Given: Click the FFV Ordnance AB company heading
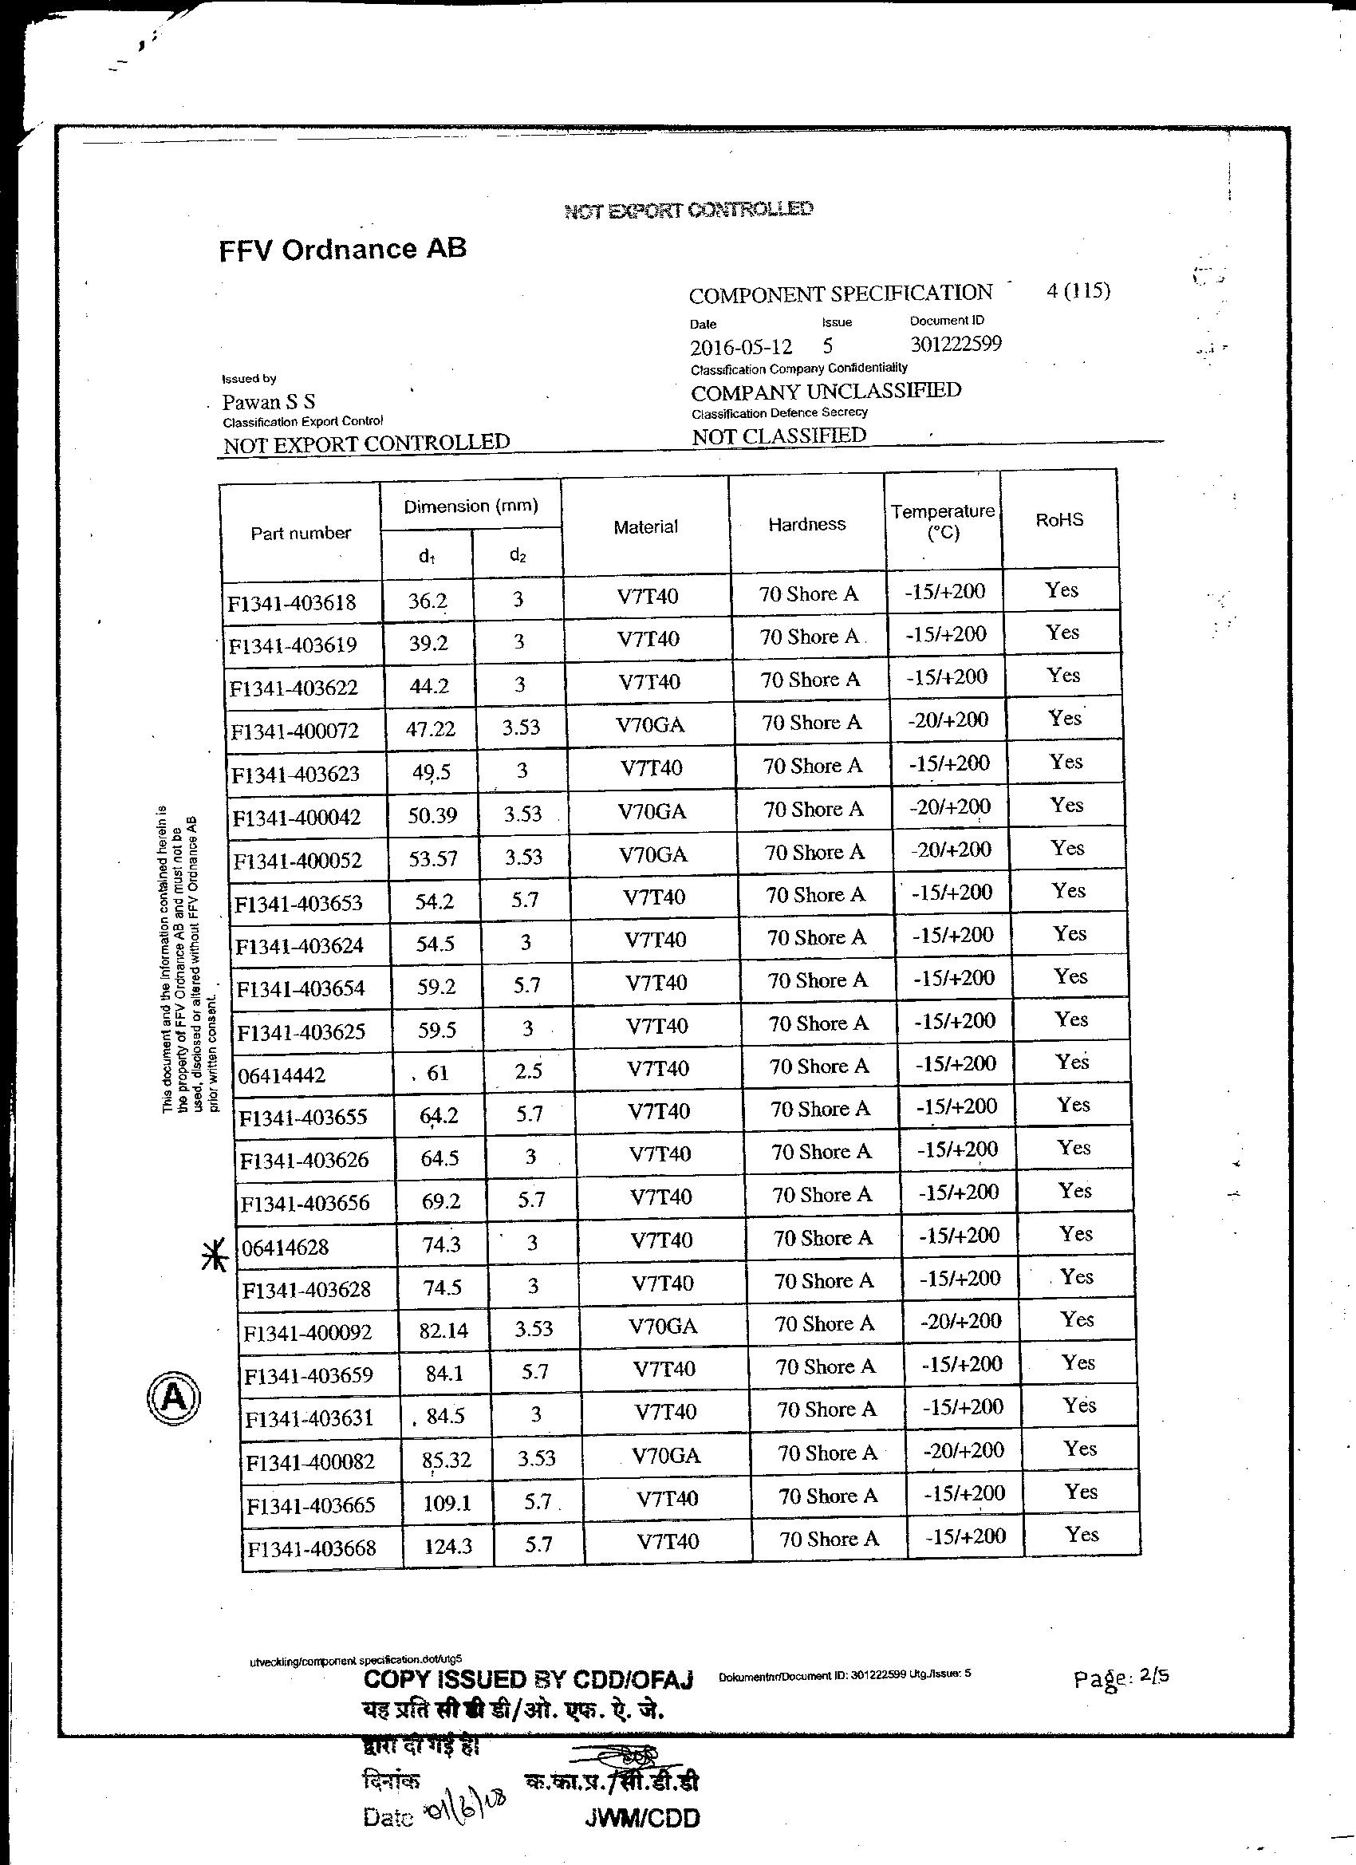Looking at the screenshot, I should click(342, 249).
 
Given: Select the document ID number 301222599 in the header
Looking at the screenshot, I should click(956, 344).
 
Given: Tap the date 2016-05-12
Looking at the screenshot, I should click(741, 346).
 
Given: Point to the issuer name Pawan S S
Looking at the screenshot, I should click(268, 402).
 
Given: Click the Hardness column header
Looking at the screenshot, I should click(806, 525).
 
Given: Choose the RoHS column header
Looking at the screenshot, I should click(1059, 520).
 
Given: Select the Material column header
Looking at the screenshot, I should click(645, 527).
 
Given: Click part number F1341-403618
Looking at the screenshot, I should click(292, 603).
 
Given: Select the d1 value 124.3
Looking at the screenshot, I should click(447, 1546).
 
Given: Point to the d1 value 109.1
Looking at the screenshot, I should click(446, 1503).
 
